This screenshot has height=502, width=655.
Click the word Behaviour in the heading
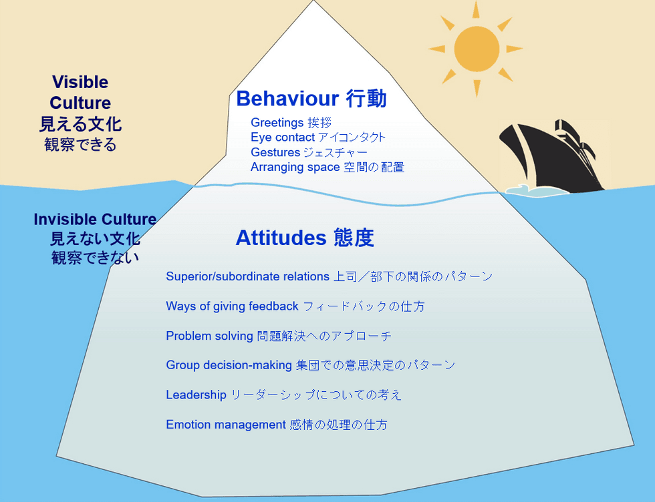point(287,99)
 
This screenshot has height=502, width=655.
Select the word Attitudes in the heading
point(281,238)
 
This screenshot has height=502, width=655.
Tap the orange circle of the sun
point(477,49)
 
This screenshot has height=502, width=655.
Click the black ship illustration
point(552,157)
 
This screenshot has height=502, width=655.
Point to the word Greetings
point(277,123)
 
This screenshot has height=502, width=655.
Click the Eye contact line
point(318,138)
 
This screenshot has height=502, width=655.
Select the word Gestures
point(275,152)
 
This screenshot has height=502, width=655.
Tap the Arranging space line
point(327,167)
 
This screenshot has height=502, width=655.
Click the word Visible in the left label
point(80,82)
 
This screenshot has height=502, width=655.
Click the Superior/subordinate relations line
point(329,276)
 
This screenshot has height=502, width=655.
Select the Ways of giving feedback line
point(295,306)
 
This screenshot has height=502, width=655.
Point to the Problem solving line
point(279,336)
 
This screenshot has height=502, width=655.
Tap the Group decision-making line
point(310,365)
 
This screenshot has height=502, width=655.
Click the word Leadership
point(196,395)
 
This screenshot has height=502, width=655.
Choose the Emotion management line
point(277,425)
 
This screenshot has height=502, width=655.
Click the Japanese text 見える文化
point(80,124)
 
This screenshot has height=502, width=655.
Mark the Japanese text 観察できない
point(95,258)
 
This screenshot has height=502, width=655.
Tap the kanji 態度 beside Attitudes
point(354,238)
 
